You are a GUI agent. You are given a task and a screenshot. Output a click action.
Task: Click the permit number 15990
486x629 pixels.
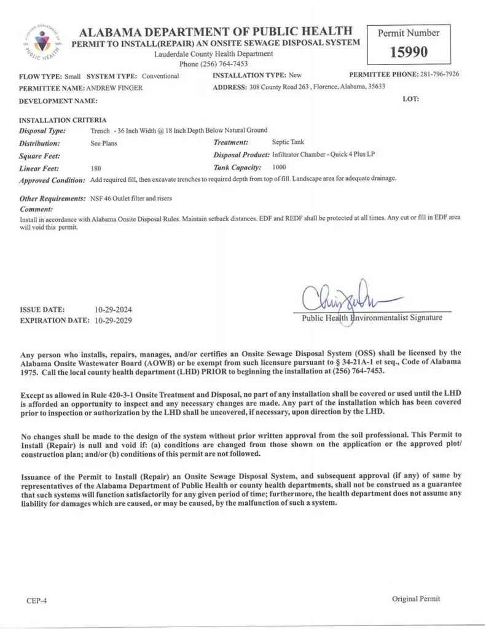point(408,52)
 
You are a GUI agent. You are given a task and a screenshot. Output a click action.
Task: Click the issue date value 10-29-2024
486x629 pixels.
point(114,310)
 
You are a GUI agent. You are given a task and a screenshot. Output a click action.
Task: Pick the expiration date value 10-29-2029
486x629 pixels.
point(114,321)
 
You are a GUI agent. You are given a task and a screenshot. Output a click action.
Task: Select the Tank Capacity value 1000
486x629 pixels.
point(278,167)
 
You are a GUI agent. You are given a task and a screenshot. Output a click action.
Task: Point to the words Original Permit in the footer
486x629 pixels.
point(416,599)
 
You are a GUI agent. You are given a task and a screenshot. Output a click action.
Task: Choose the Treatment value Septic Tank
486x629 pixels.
point(288,143)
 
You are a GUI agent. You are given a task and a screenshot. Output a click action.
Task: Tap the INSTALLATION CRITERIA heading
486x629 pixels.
point(63,120)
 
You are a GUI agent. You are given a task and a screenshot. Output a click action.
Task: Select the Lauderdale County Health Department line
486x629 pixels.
point(213,53)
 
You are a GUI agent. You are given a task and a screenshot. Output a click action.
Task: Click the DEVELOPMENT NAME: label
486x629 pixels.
point(58,100)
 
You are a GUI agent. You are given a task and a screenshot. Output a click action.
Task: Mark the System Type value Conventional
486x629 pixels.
point(160,76)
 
